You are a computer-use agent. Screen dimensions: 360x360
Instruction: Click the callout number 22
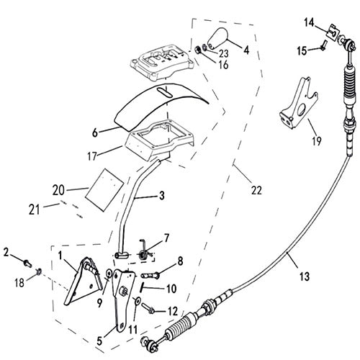(256, 191)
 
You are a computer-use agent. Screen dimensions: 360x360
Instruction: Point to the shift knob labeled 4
(219, 41)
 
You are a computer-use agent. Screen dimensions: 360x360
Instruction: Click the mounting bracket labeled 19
(297, 104)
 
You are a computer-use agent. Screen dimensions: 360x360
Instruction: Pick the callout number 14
(308, 22)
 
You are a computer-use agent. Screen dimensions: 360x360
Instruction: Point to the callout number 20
(59, 191)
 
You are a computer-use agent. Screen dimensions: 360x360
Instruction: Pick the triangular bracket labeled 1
(79, 281)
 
